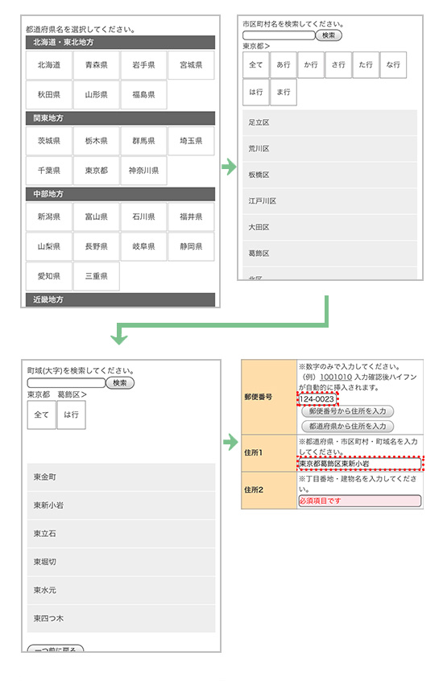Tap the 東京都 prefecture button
click(96, 171)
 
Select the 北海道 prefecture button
click(48, 65)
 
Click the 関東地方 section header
click(121, 118)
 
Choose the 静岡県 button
click(191, 246)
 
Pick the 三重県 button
click(96, 276)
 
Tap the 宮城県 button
click(191, 65)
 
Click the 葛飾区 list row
click(329, 254)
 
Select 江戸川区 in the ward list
click(329, 201)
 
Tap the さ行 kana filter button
click(338, 64)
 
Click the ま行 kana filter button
click(284, 92)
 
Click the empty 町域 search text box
click(66, 382)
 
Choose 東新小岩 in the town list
click(121, 506)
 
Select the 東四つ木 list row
click(121, 618)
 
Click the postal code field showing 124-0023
click(317, 398)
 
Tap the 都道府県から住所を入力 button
click(347, 426)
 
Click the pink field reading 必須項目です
click(359, 501)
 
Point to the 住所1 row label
click(254, 452)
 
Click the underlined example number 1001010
click(336, 377)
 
